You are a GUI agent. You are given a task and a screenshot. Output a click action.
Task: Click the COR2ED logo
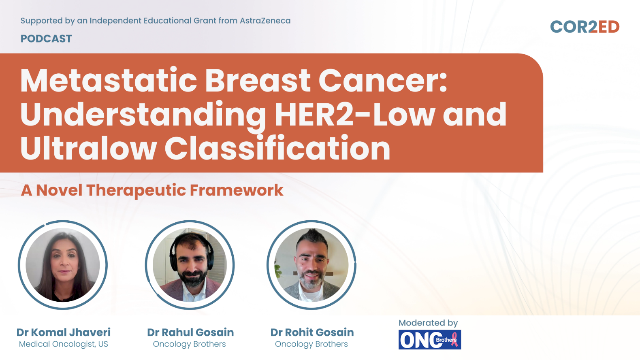[x=585, y=27]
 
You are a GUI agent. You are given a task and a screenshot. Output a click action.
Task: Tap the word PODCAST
[x=46, y=38]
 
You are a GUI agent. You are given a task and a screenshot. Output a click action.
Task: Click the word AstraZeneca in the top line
[x=265, y=21]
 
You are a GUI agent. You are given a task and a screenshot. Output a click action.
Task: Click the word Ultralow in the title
[x=88, y=148]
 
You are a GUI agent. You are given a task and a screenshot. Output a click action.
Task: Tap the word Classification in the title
[x=277, y=148]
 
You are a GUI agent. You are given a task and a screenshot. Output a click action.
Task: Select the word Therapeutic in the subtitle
[x=136, y=191]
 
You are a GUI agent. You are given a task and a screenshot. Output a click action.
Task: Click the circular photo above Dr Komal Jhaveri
[x=63, y=265]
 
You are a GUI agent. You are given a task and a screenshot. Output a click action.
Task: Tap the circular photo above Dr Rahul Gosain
[x=190, y=265]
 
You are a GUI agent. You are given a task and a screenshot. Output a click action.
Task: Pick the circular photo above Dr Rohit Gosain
[x=311, y=265]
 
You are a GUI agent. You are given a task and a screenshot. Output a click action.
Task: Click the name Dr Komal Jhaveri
[x=64, y=332]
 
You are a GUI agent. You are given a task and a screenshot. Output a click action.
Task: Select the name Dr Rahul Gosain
[x=190, y=332]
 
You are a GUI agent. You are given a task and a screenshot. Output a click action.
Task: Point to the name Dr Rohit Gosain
[x=312, y=332]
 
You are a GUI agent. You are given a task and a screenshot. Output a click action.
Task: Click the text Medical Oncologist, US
[x=64, y=344]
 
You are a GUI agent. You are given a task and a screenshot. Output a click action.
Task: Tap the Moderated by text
[x=428, y=323]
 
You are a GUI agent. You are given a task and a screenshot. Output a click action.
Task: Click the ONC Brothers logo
[x=430, y=340]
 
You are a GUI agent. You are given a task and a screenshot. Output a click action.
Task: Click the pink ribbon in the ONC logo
[x=454, y=339]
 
